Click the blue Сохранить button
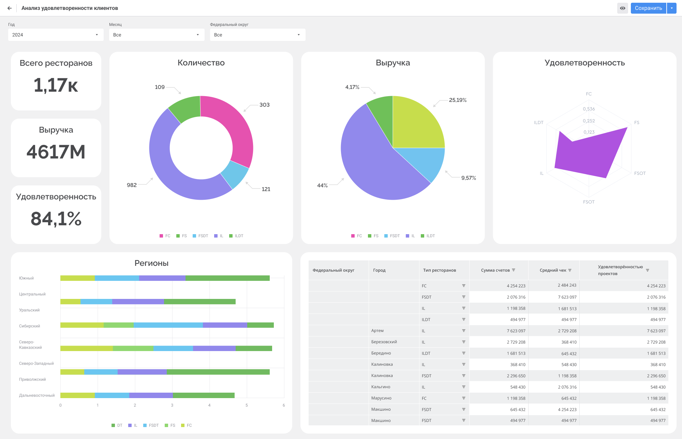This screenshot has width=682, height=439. [648, 8]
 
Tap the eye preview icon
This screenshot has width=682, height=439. [623, 8]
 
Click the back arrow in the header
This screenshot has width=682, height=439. [10, 8]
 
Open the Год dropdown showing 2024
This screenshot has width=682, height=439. [56, 35]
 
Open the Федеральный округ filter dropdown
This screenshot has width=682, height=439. [258, 35]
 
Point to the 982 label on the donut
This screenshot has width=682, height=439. [132, 185]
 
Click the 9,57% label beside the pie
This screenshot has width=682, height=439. [469, 178]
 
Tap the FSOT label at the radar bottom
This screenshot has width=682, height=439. [589, 202]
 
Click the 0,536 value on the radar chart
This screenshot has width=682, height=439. [589, 109]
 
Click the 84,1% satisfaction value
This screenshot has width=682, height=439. [56, 218]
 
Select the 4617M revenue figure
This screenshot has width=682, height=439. [56, 152]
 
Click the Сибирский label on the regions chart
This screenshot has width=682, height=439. [30, 326]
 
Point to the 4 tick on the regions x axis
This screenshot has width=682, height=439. [209, 405]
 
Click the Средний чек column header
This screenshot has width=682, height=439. [553, 270]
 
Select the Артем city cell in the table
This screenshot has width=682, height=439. [377, 331]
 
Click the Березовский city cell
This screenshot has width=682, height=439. [384, 342]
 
